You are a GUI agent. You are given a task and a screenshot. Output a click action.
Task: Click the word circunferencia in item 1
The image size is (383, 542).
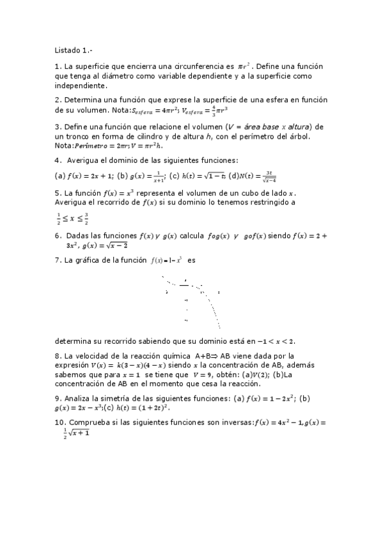(x=191, y=66)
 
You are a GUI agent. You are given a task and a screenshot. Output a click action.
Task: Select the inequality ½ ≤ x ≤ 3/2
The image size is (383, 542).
(x=72, y=217)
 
